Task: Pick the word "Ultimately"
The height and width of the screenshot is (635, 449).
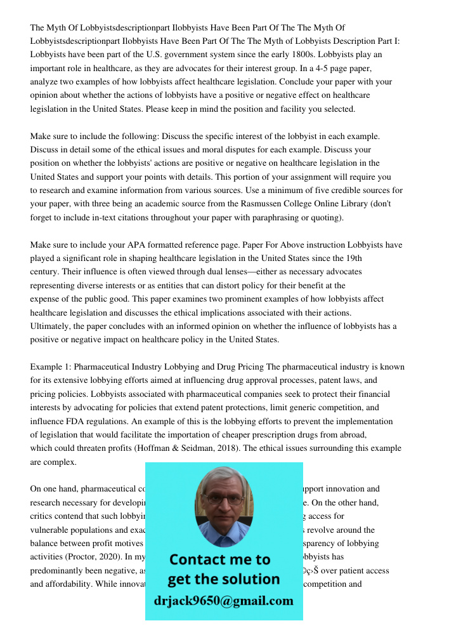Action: (x=51, y=326)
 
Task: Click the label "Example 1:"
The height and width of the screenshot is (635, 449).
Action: (x=51, y=367)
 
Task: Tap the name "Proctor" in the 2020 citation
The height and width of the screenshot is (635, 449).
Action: (x=79, y=557)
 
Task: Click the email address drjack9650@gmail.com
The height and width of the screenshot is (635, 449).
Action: (x=224, y=601)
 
